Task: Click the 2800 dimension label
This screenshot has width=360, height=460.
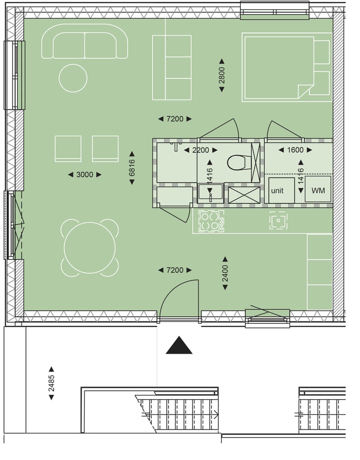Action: [x=221, y=75]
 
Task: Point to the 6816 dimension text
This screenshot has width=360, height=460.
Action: [x=132, y=168]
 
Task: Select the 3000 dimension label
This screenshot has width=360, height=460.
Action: [x=84, y=174]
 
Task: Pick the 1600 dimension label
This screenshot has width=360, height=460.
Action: [x=295, y=150]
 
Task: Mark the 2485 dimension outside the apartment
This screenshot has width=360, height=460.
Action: [x=51, y=383]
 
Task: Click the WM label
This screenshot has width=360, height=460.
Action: [x=318, y=191]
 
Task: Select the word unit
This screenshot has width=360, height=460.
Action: [x=277, y=191]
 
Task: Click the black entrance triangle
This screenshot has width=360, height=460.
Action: [x=179, y=346]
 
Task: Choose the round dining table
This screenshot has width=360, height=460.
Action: [x=89, y=248]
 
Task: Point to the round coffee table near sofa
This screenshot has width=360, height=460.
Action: [x=73, y=78]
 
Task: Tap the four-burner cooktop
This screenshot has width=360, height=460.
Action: [x=210, y=220]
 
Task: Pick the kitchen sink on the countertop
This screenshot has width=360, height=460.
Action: [x=278, y=220]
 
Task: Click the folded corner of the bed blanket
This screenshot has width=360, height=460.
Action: [x=305, y=91]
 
